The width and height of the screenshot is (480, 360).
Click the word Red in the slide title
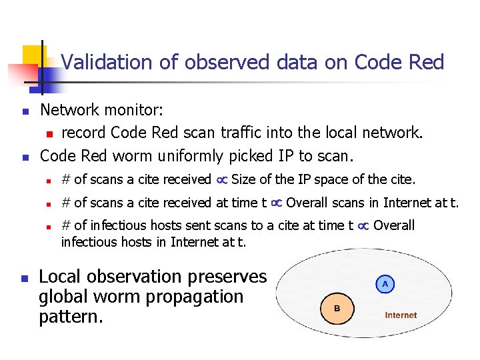tap(427, 63)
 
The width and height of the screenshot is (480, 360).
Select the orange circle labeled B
tap(337, 309)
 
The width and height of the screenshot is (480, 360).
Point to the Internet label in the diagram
tap(401, 315)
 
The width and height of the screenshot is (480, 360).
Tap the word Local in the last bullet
tap(61, 277)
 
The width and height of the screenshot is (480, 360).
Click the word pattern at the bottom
tap(69, 316)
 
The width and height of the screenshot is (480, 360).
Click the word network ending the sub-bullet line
tap(388, 133)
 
